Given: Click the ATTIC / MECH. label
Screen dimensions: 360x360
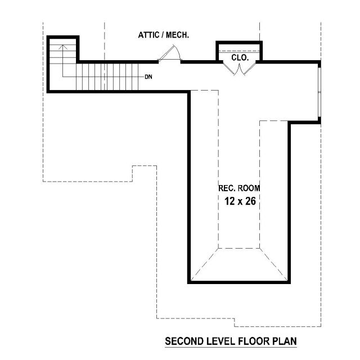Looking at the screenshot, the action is (x=164, y=35).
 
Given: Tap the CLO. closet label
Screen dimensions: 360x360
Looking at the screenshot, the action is (x=240, y=57).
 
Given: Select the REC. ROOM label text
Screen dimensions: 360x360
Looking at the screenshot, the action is (x=239, y=188).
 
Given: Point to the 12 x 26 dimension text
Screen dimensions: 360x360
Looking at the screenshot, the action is (x=240, y=201).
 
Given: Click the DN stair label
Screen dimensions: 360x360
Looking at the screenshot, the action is (x=148, y=77).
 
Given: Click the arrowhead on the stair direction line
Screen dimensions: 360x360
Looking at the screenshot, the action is (x=63, y=47).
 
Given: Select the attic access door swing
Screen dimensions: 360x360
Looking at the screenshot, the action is (x=170, y=53).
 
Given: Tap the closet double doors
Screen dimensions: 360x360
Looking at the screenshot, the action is (x=240, y=69).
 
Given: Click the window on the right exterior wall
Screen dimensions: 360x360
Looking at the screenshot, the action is (x=319, y=92).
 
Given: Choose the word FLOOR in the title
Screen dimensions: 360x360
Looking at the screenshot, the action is (x=254, y=341).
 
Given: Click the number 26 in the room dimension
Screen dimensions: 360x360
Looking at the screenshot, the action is (x=250, y=201).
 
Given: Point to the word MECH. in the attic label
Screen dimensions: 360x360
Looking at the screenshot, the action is (x=178, y=35).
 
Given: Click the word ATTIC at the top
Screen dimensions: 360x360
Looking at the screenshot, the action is (x=148, y=35).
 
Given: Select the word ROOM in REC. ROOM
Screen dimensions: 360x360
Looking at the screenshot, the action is (x=249, y=188).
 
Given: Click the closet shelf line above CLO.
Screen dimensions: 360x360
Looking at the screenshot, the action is (x=239, y=52).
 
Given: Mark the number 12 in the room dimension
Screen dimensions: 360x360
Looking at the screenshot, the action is (x=229, y=201).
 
